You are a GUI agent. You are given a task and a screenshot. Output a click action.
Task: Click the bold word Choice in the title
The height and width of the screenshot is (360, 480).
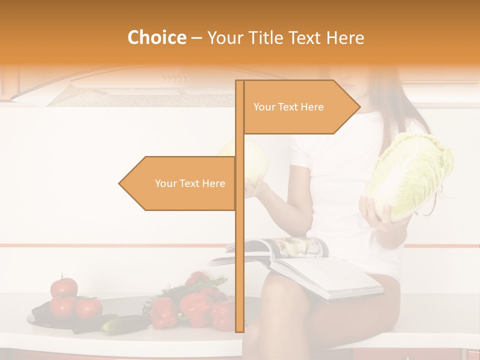[156, 37]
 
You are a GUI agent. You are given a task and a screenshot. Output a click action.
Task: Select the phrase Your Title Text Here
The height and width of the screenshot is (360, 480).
[285, 37]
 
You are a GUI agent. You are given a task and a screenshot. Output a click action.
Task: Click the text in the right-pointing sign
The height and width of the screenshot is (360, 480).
[288, 107]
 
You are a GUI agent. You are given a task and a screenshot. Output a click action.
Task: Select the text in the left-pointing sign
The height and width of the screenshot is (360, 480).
[190, 183]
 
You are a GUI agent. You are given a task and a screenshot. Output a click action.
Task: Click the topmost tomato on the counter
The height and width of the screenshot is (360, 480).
[64, 287]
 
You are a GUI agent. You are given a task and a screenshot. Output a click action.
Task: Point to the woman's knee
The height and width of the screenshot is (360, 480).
[280, 295]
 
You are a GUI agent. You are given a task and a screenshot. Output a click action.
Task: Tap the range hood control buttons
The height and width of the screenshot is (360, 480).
[174, 77]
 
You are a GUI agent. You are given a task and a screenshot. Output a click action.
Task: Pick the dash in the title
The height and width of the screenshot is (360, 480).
[196, 38]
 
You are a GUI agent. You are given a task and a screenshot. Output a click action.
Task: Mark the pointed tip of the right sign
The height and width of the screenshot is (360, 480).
[359, 106]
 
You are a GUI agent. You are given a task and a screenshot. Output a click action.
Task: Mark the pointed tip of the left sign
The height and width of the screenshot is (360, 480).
[119, 183]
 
